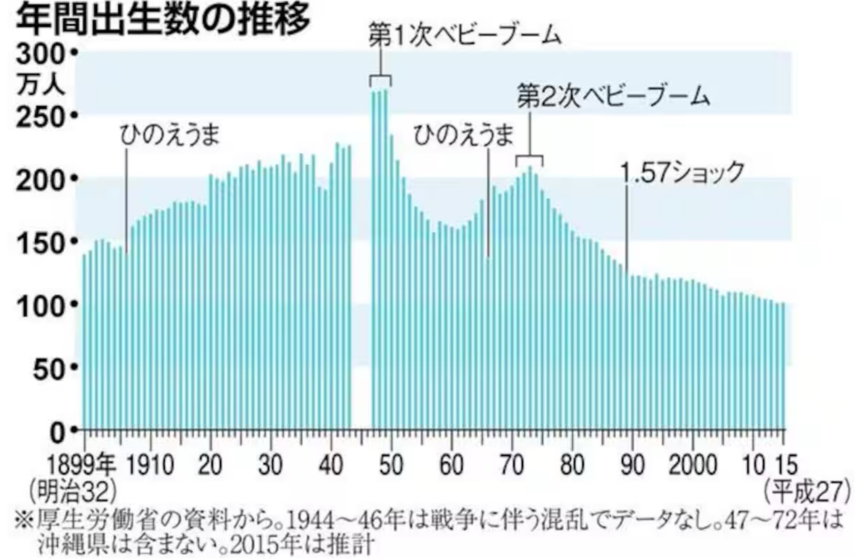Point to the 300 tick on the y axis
tap(40, 54)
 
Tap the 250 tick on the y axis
tap(40, 117)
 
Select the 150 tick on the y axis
tap(40, 243)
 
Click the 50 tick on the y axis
tap(48, 368)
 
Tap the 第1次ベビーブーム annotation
tap(465, 36)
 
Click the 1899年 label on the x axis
tap(81, 464)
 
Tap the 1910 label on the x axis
tap(150, 464)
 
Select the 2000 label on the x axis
tap(693, 464)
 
